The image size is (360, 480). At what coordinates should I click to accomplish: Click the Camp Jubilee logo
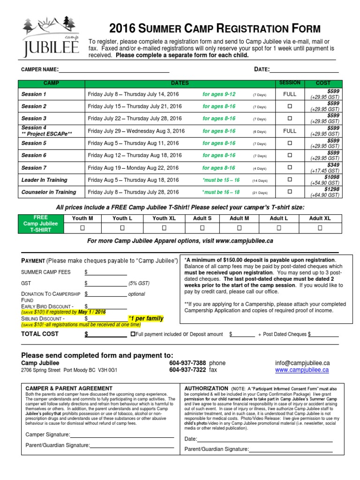(52, 37)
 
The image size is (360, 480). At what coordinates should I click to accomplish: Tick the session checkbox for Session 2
(289, 106)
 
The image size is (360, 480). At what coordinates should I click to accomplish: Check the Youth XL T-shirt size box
(164, 228)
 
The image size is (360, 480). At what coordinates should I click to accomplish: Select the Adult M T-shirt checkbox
(239, 228)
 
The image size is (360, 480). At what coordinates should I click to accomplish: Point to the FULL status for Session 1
(290, 94)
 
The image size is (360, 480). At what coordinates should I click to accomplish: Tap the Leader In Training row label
(44, 180)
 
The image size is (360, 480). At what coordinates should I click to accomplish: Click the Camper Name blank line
(113, 70)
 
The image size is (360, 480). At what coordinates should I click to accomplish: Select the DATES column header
(180, 83)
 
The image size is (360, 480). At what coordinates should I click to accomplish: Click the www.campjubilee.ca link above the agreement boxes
(301, 370)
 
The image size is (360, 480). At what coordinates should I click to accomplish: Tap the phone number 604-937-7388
(187, 363)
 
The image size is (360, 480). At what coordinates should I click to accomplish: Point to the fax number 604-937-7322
(187, 370)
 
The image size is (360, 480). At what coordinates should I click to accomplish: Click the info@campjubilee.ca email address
(302, 363)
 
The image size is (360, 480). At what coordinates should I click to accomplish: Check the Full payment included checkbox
(133, 334)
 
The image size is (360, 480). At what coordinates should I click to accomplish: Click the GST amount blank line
(106, 283)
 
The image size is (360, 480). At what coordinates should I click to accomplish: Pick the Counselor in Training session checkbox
(289, 192)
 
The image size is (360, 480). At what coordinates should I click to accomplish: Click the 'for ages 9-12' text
(219, 94)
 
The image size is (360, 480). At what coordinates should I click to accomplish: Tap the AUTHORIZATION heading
(206, 389)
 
